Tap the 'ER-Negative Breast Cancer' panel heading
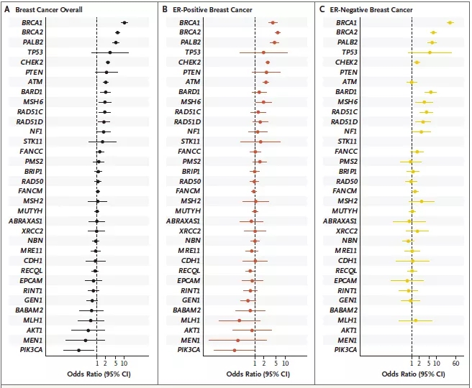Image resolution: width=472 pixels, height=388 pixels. pyautogui.click(x=368, y=11)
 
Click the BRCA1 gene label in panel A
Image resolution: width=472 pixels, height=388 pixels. pyautogui.click(x=32, y=23)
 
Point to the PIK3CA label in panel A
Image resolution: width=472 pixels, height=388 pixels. pyautogui.click(x=29, y=350)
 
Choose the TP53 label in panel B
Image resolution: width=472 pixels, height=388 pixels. pyautogui.click(x=192, y=52)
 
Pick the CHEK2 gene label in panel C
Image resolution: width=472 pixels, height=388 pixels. pyautogui.click(x=347, y=63)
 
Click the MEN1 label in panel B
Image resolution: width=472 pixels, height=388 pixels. pyautogui.click(x=191, y=340)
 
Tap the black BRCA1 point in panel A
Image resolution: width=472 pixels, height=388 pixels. pyautogui.click(x=124, y=23)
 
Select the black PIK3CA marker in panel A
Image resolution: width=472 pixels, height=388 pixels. pyautogui.click(x=79, y=350)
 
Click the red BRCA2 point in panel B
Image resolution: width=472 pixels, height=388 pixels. pyautogui.click(x=278, y=33)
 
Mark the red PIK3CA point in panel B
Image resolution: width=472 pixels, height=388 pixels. pyautogui.click(x=235, y=350)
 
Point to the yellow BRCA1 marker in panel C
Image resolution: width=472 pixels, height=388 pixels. pyautogui.click(x=450, y=23)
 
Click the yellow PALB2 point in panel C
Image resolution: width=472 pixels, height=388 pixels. pyautogui.click(x=432, y=42)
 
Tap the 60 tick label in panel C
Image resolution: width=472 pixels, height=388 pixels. pyautogui.click(x=455, y=364)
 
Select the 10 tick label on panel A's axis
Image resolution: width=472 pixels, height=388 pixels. pyautogui.click(x=125, y=364)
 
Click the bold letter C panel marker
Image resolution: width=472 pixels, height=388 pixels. pyautogui.click(x=322, y=11)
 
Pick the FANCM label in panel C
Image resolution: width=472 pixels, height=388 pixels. pyautogui.click(x=346, y=191)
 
